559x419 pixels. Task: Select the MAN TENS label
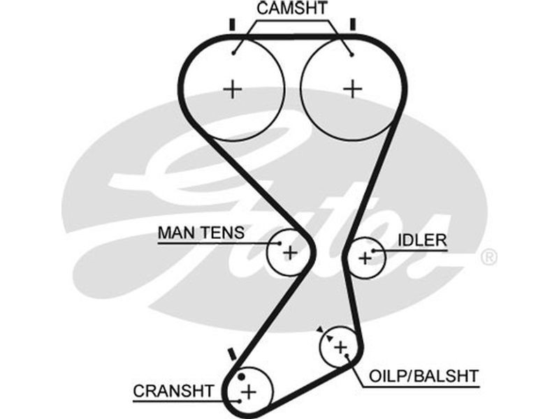(x=201, y=233)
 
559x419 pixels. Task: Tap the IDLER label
(x=421, y=241)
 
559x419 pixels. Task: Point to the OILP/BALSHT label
(x=424, y=376)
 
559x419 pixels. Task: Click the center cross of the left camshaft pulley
(x=233, y=89)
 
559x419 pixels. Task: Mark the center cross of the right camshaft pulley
(x=354, y=89)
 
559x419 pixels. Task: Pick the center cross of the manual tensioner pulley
(x=291, y=252)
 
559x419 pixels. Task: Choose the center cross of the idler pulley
(x=365, y=258)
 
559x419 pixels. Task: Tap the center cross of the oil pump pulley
(x=340, y=347)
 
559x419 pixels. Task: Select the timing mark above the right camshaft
(x=354, y=24)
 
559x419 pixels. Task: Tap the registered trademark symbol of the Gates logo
(x=490, y=257)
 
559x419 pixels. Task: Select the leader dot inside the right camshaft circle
(x=351, y=54)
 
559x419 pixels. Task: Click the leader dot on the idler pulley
(x=375, y=250)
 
